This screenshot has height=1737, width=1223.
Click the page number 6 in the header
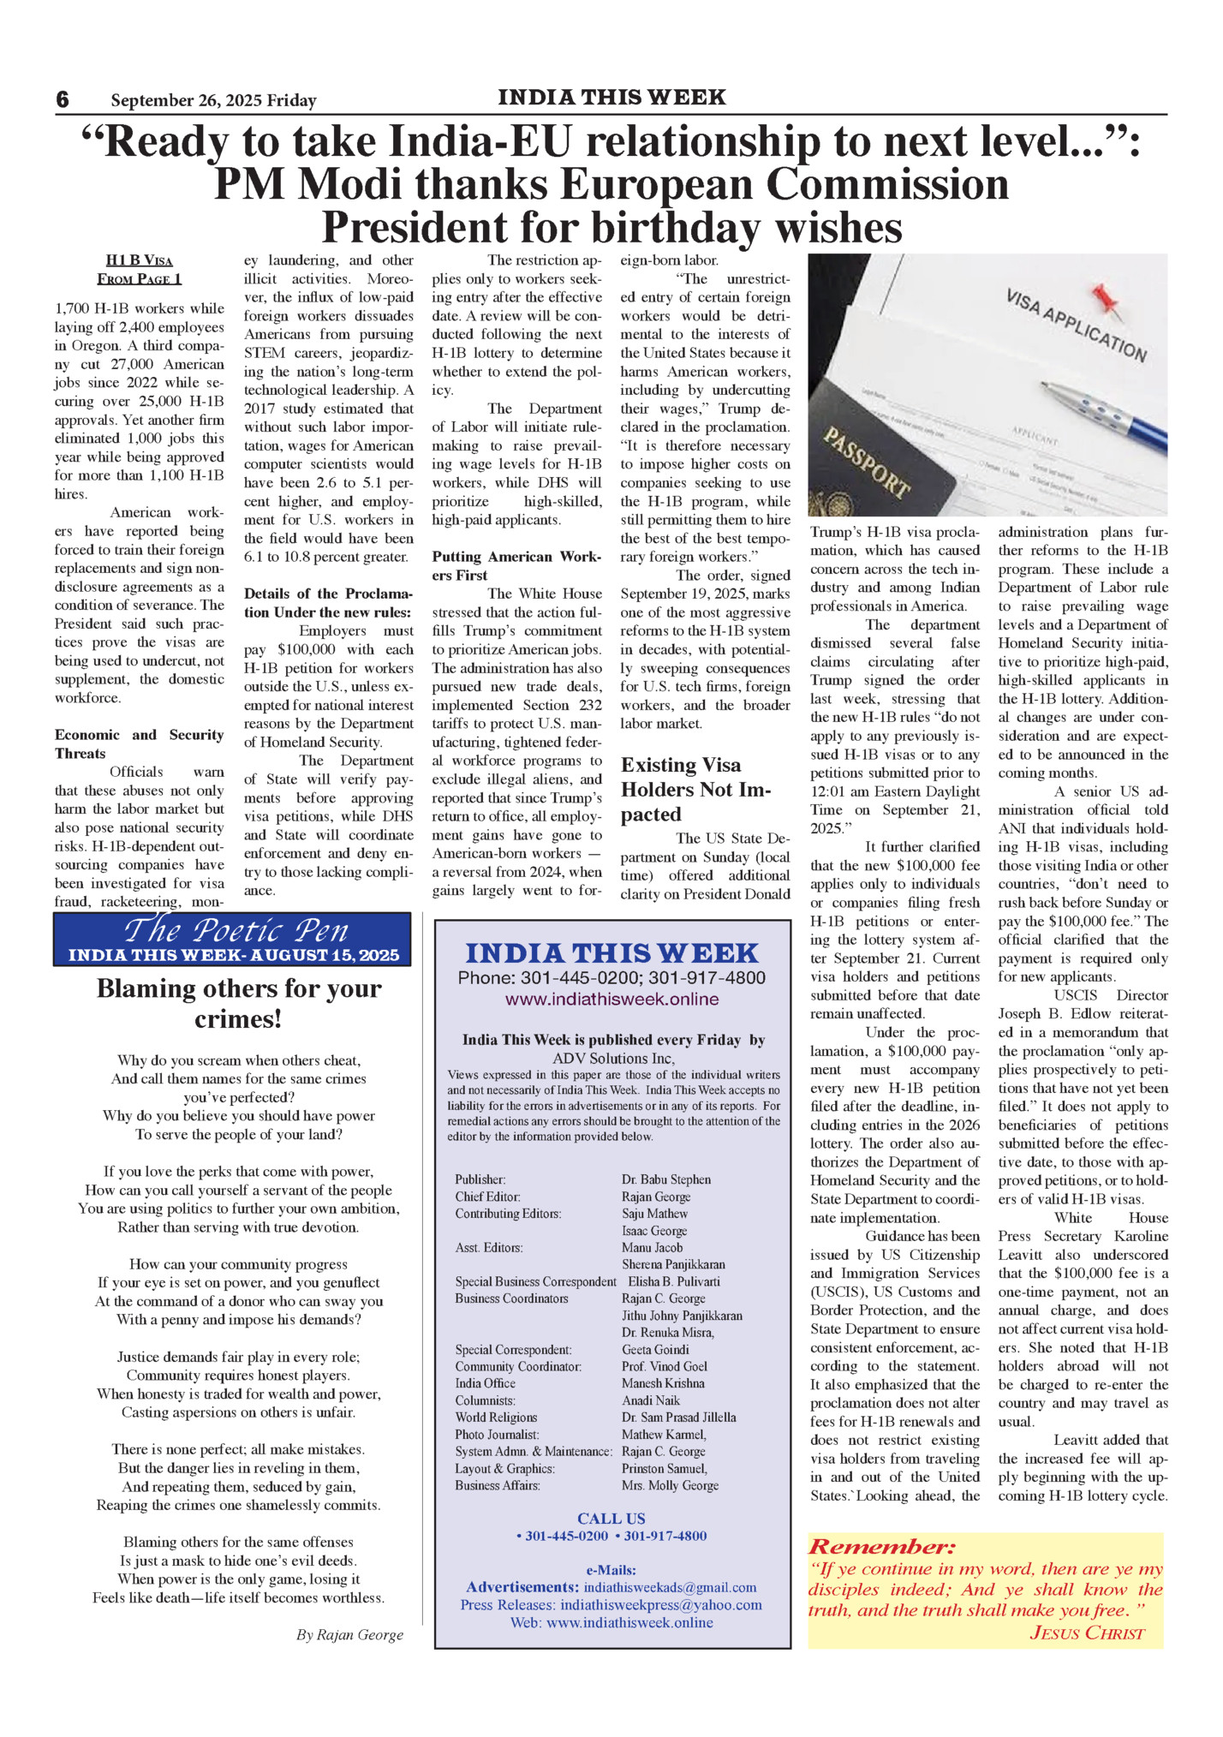tap(63, 99)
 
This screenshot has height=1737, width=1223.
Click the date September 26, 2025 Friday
tap(213, 100)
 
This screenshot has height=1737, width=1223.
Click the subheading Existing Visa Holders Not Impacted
tap(695, 789)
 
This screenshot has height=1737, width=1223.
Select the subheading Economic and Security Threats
tap(139, 743)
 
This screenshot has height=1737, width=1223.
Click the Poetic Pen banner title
tap(236, 929)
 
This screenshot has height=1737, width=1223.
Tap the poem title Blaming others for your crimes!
tap(239, 1003)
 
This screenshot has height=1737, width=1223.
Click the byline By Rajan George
tap(349, 1634)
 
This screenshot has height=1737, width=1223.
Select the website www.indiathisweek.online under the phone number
tap(611, 999)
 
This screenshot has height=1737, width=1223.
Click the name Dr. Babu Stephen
tap(666, 1179)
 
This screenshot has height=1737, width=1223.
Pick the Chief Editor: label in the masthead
tap(487, 1197)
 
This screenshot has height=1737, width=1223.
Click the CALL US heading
tap(611, 1519)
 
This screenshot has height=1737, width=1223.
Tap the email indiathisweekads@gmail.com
tap(670, 1587)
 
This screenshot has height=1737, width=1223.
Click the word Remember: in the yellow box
tap(881, 1546)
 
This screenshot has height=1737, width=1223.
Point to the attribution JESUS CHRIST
tap(1087, 1633)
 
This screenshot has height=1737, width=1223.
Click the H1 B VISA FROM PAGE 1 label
tap(140, 269)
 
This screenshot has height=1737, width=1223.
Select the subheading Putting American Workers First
tap(516, 565)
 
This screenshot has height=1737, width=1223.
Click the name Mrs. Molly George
tap(670, 1485)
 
